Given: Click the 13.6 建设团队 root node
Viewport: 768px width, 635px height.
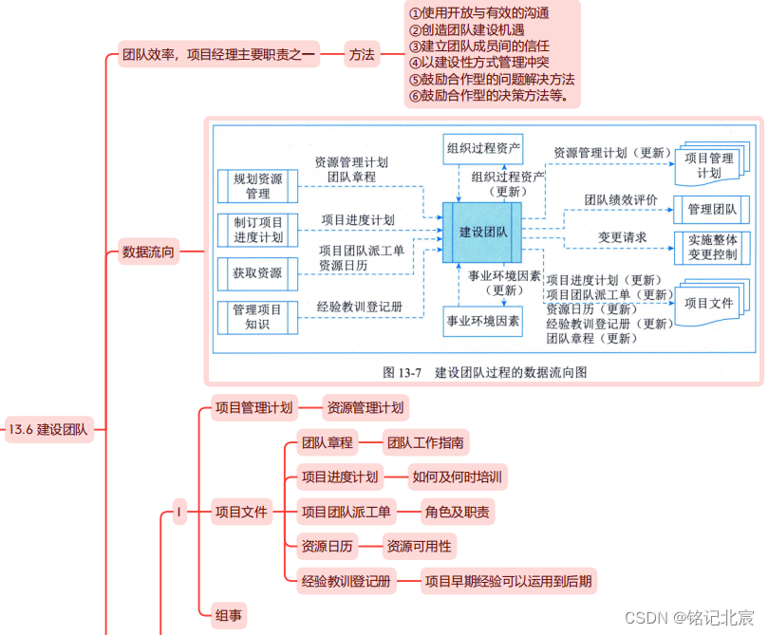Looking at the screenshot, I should [47, 429].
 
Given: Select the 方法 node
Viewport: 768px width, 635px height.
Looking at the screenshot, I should [361, 55].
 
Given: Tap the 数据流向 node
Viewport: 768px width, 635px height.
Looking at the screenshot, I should [148, 252].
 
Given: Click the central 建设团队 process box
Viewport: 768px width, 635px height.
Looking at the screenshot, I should [482, 232].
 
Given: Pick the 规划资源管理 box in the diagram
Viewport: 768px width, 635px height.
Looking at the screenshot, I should [257, 186].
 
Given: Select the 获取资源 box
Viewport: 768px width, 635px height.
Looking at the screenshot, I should [257, 273].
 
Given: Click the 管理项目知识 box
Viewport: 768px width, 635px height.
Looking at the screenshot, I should [257, 317].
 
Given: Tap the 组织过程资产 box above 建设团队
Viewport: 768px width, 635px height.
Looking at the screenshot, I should [482, 148].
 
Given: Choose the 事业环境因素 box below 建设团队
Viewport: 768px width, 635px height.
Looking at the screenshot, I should [482, 322].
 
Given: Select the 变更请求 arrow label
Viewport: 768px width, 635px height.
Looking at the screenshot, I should [622, 236].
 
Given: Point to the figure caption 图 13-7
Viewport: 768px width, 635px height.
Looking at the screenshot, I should [484, 372].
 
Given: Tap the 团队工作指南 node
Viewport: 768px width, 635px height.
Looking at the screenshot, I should [426, 442].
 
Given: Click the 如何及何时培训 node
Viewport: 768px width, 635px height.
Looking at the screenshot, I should [457, 477].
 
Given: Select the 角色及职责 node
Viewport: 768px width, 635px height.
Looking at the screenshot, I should [458, 513].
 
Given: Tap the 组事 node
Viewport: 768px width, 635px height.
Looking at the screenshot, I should [228, 616].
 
